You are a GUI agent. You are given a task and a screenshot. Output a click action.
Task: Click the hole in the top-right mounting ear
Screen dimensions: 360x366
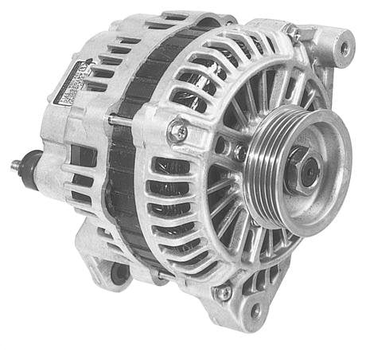pyautogui.click(x=345, y=49)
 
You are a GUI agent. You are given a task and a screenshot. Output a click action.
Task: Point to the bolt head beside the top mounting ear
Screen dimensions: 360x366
pyautogui.click(x=295, y=33)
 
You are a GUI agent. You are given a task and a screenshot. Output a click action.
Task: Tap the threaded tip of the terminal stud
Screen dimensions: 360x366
pyautogui.click(x=13, y=165)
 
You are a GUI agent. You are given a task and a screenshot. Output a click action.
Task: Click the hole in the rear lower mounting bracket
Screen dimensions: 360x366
pyautogui.click(x=119, y=273)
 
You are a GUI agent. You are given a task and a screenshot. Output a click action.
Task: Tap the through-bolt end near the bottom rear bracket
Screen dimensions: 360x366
pyautogui.click(x=161, y=275)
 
